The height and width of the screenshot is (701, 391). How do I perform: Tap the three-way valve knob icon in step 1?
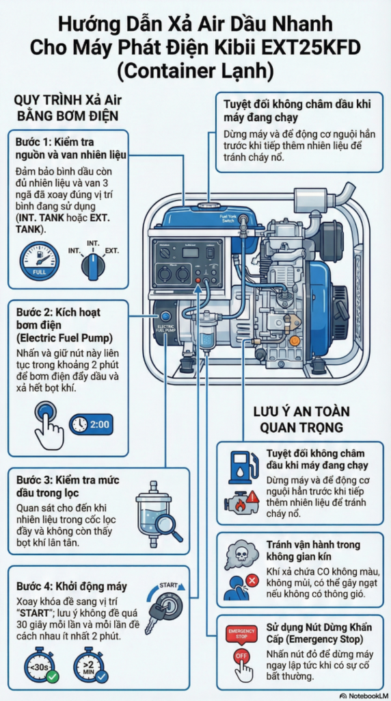coord(91,264)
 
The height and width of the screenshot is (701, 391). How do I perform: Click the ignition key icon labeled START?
coord(163,605)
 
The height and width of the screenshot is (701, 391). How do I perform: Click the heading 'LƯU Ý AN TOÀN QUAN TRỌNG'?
coord(301,419)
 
